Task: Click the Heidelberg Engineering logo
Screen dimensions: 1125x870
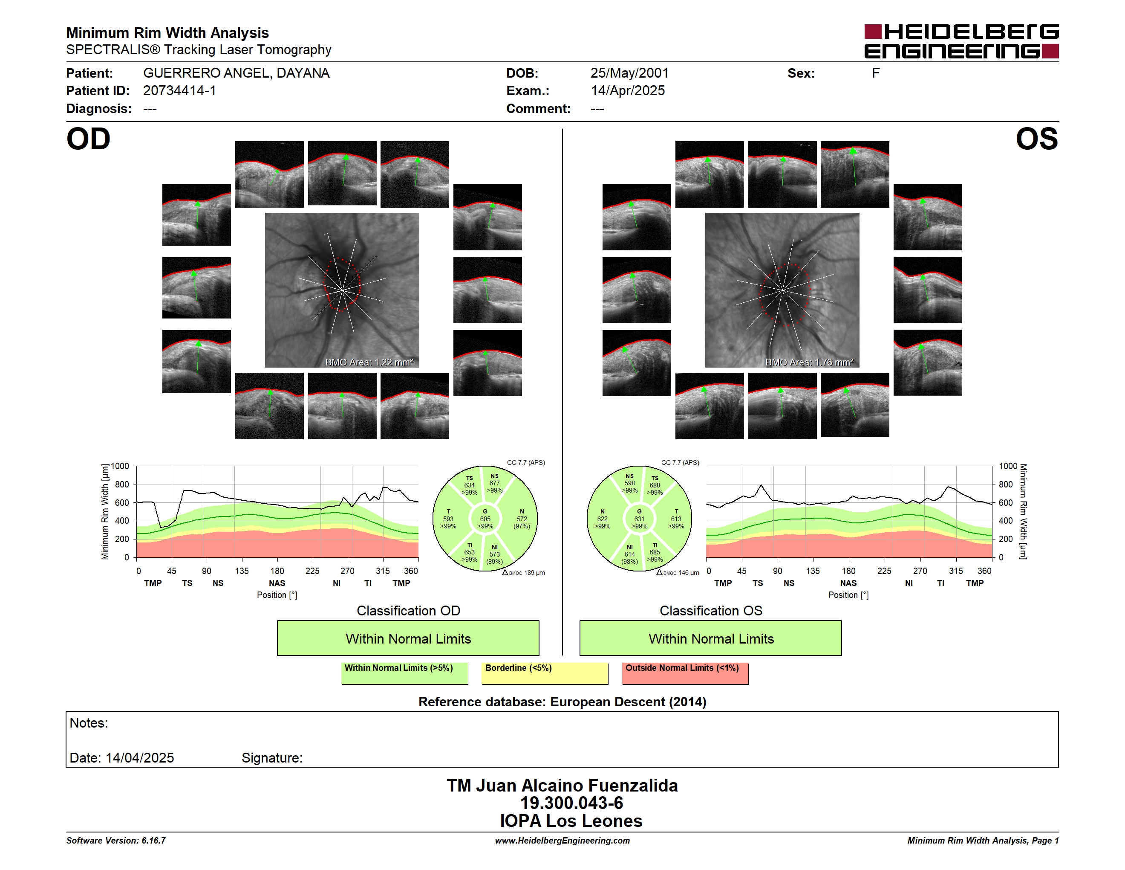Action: click(x=961, y=41)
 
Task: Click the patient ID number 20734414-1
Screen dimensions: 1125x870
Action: click(x=179, y=91)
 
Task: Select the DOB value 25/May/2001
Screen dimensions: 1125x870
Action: click(x=629, y=73)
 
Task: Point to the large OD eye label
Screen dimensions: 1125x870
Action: click(x=89, y=139)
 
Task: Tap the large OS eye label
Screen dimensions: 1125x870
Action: click(x=1036, y=139)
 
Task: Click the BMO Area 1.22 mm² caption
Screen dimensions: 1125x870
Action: click(x=369, y=362)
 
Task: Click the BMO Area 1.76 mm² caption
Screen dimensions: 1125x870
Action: click(x=809, y=362)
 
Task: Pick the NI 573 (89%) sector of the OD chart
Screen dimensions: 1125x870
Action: click(x=494, y=554)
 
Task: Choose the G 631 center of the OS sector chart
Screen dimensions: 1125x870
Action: click(x=639, y=519)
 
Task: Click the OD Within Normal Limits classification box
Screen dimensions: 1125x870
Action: click(x=408, y=638)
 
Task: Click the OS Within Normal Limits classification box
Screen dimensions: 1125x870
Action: click(x=711, y=638)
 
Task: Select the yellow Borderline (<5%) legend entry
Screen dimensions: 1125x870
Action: click(x=545, y=673)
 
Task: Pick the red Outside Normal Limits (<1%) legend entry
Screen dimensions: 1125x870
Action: click(x=685, y=673)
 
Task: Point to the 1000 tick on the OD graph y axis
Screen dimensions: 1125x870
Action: click(x=119, y=466)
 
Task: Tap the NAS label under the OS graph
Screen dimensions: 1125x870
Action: click(x=848, y=583)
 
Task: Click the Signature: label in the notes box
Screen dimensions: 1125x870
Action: click(x=272, y=758)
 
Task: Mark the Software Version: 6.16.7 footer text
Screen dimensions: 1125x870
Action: click(x=116, y=841)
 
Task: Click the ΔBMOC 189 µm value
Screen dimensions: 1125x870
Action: click(x=523, y=573)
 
